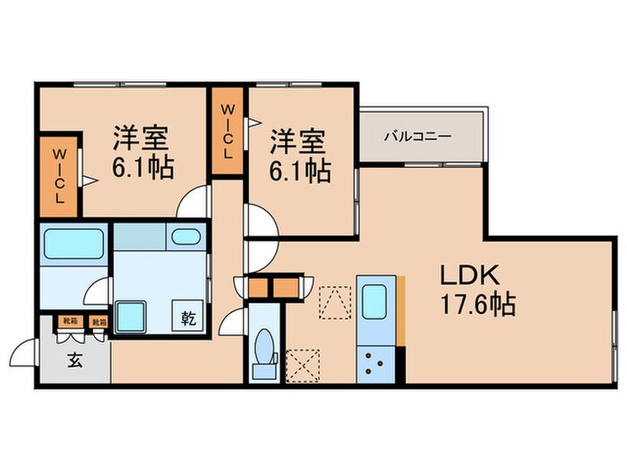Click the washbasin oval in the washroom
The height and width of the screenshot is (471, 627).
185,237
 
